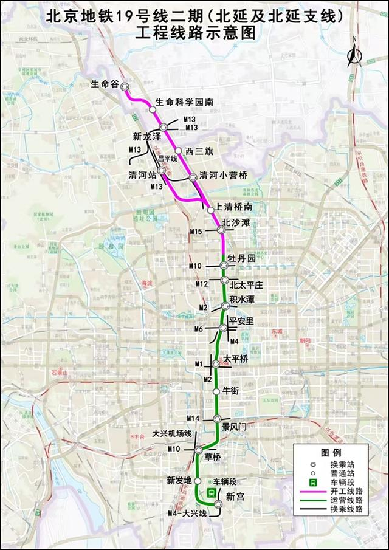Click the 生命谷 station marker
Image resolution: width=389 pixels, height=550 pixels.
tap(125, 86)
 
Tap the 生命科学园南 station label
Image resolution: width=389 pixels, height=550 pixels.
tap(184, 102)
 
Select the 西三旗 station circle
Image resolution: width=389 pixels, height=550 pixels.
tap(178, 150)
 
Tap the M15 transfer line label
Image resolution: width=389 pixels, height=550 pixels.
tap(196, 232)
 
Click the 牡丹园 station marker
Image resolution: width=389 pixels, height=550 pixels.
tap(224, 265)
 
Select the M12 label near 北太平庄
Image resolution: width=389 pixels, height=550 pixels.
tap(202, 284)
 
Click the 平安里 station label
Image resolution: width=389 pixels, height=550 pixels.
tap(241, 321)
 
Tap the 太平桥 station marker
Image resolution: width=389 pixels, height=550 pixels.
tap(216, 365)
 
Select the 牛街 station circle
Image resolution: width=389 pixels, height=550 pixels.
tap(216, 391)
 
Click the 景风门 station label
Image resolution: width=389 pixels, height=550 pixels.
tap(233, 427)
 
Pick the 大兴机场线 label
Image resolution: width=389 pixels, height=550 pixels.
tap(171, 433)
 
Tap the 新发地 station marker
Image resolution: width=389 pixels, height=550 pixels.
tap(198, 480)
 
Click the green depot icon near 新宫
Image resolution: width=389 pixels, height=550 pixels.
tap(211, 493)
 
